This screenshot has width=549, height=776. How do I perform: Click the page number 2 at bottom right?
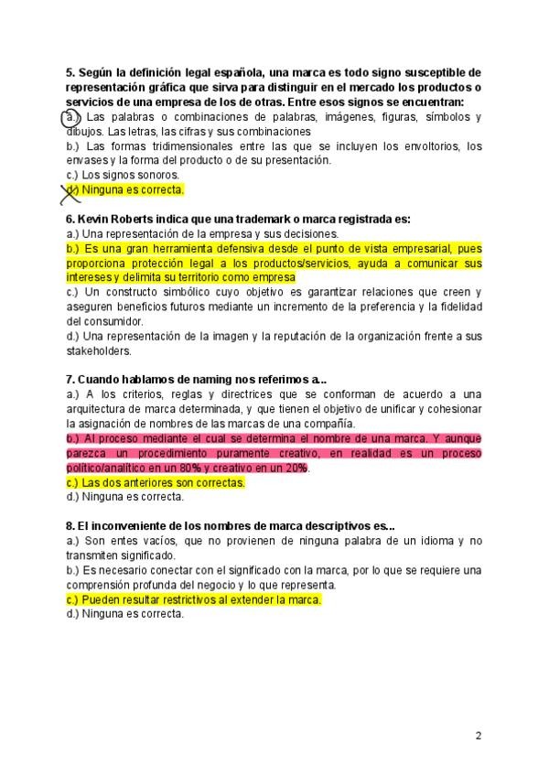[479, 735]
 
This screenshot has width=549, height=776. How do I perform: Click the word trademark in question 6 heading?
[249, 220]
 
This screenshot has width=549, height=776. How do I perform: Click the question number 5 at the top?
[70, 72]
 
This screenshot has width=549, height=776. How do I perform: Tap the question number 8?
[70, 526]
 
